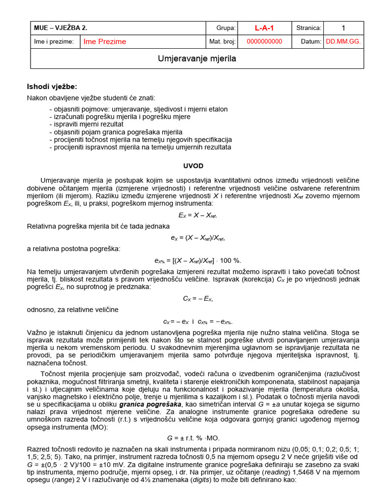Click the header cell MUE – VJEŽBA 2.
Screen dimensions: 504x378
point(61,28)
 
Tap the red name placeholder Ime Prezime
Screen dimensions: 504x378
point(105,42)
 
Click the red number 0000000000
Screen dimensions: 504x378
point(264,42)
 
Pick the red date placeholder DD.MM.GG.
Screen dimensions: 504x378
point(343,42)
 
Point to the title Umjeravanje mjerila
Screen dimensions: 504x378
point(197,59)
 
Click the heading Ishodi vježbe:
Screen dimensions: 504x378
point(52,87)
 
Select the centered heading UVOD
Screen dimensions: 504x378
point(193,166)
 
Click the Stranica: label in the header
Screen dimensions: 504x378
point(309,28)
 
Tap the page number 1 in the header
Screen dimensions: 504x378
point(343,28)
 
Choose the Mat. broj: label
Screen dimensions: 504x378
point(222,42)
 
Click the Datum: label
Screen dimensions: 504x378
point(311,42)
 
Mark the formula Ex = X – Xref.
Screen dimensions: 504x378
point(197,215)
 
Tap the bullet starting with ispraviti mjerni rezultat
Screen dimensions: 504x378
point(87,125)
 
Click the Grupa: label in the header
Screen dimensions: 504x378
point(226,28)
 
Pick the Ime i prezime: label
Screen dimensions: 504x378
point(54,42)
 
